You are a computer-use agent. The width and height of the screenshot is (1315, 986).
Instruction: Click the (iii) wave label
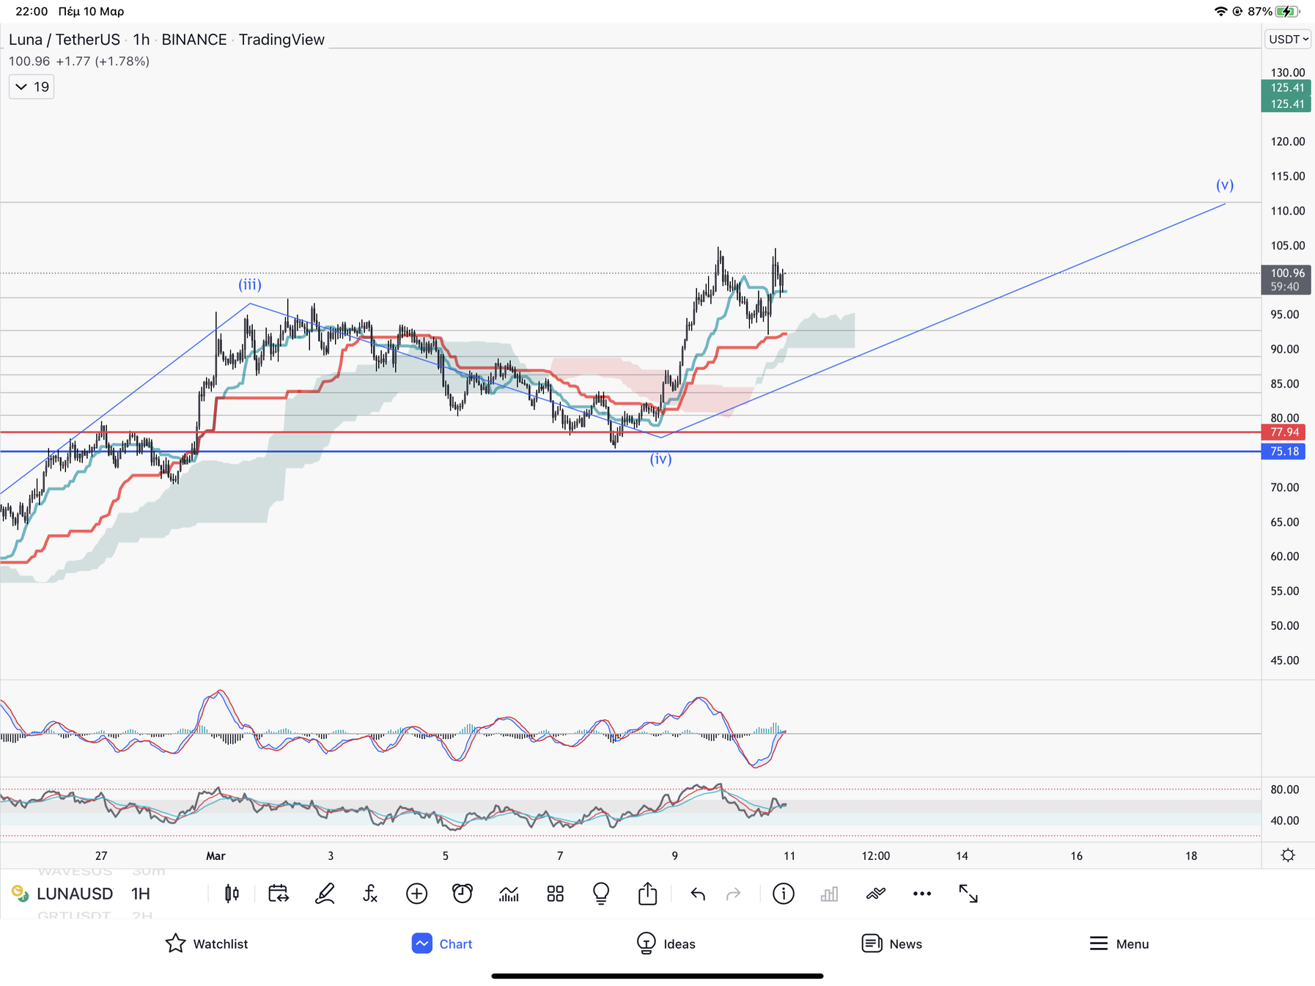(250, 284)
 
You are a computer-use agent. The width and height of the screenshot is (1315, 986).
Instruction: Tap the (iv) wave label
(660, 459)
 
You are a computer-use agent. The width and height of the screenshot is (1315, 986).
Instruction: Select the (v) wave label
(1225, 185)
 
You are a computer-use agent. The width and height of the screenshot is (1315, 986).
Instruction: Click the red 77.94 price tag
(1284, 433)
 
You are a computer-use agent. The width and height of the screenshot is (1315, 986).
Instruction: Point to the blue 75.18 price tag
(1284, 452)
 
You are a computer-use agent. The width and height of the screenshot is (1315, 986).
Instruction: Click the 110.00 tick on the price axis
(1287, 211)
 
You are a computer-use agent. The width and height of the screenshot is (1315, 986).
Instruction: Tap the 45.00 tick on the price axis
(1284, 661)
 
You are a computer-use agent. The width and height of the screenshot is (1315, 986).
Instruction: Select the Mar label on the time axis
(216, 856)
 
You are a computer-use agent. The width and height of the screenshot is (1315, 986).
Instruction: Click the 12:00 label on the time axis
(875, 856)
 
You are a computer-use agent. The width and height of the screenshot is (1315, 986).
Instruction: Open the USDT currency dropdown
(1288, 40)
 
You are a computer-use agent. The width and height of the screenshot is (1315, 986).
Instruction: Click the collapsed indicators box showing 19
(32, 87)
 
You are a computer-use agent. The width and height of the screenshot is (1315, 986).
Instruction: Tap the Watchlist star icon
(175, 943)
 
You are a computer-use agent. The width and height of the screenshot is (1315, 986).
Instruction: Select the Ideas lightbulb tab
(646, 943)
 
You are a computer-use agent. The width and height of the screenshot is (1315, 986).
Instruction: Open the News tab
(872, 943)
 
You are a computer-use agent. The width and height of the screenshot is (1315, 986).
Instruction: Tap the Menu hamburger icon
(1098, 943)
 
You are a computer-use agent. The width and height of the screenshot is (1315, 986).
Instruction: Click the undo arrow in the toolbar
(698, 894)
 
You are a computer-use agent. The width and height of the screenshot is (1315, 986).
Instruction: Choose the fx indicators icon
(370, 894)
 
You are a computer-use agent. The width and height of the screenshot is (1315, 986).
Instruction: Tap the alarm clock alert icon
(463, 894)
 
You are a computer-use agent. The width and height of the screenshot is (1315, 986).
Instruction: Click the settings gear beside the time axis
(1288, 856)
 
